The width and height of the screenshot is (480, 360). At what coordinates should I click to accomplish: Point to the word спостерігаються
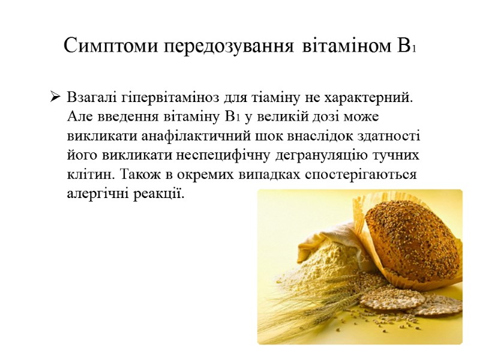[359, 175]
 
